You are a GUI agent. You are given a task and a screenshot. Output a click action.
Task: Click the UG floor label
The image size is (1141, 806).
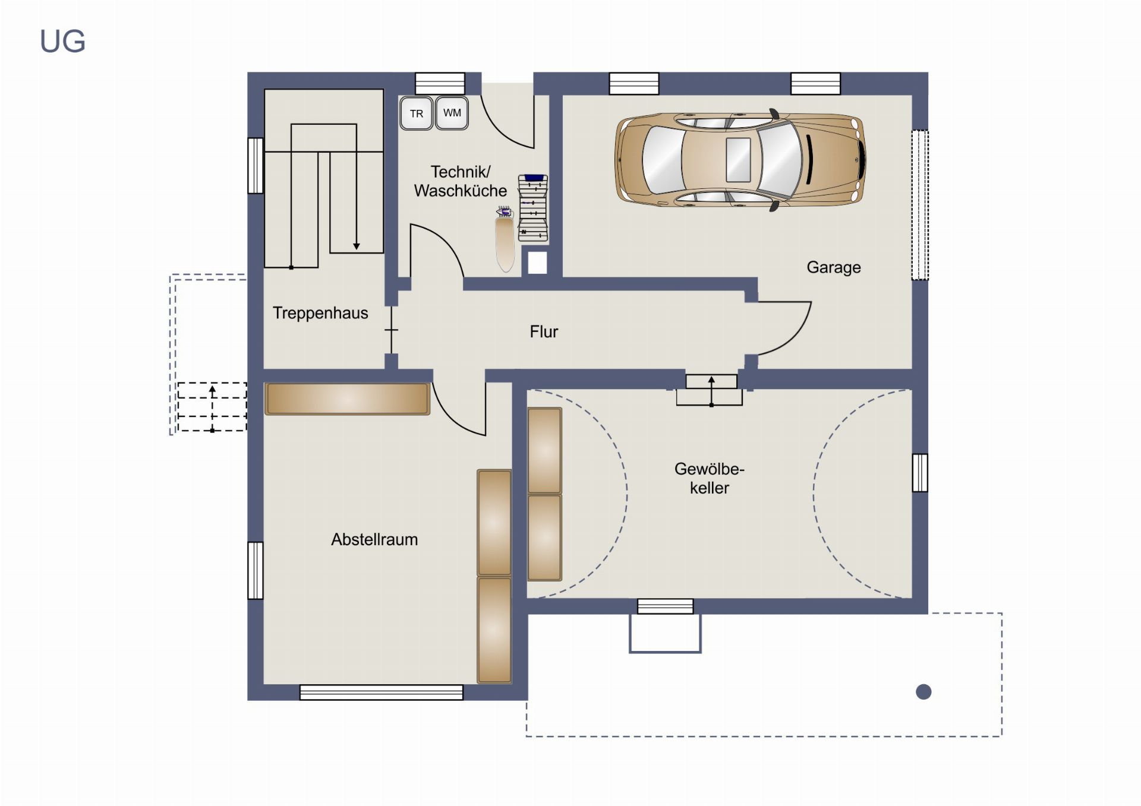click(x=62, y=42)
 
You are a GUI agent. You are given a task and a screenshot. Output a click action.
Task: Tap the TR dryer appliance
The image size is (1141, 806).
click(x=416, y=113)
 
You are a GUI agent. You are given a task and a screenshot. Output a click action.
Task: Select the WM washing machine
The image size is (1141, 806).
click(x=452, y=112)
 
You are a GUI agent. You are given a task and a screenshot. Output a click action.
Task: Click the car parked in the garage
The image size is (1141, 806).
click(x=740, y=160)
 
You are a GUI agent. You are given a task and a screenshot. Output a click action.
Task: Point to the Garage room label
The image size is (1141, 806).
click(x=833, y=267)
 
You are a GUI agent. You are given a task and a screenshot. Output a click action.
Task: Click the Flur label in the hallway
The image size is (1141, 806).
click(x=544, y=331)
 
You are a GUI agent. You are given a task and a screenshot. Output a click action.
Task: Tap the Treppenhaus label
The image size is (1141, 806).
click(x=320, y=313)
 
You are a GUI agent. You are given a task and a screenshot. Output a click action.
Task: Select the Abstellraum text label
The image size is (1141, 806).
click(x=374, y=539)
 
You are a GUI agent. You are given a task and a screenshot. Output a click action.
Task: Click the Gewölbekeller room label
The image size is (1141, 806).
click(x=709, y=478)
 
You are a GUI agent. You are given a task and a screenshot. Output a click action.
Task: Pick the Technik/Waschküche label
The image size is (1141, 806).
click(x=461, y=181)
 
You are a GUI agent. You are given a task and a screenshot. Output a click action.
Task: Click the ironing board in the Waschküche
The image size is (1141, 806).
click(x=505, y=239)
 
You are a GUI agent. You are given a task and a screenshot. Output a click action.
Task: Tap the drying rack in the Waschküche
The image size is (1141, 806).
click(x=533, y=208)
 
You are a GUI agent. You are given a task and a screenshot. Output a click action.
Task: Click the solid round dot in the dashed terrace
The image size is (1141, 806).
click(x=923, y=691)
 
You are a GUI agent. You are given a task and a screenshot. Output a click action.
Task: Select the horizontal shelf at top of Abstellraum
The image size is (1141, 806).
click(x=347, y=398)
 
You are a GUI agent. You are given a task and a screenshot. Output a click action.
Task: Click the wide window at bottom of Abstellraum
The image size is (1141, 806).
click(x=382, y=692)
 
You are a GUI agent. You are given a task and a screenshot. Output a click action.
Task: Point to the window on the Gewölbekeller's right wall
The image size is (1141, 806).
click(x=920, y=473)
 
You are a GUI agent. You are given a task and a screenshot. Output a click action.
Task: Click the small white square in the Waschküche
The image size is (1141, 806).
click(x=537, y=263)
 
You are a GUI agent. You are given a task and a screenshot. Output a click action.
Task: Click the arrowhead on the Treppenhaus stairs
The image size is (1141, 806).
click(x=357, y=246)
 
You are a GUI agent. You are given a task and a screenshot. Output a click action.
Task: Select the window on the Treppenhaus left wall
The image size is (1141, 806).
click(x=256, y=166)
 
